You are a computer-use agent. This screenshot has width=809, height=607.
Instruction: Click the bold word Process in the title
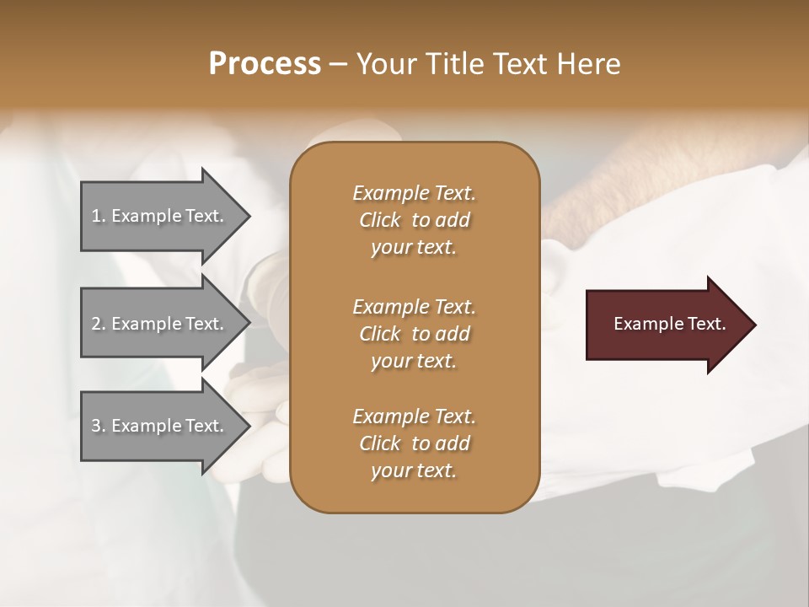click(265, 64)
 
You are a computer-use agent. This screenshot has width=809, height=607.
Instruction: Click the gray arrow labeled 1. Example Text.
click(160, 216)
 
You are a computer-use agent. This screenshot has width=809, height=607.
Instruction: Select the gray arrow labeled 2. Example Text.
click(160, 324)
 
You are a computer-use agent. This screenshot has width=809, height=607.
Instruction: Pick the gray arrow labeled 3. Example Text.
click(160, 426)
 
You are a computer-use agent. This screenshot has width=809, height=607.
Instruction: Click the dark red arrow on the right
click(666, 324)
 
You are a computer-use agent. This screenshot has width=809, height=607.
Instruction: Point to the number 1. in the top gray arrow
click(99, 216)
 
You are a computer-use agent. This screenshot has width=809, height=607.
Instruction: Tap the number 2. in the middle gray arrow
click(99, 324)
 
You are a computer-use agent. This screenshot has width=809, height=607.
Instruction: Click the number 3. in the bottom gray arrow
click(99, 426)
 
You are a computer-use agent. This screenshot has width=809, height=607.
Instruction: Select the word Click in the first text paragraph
click(380, 220)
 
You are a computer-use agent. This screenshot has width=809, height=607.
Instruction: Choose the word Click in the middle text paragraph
click(380, 334)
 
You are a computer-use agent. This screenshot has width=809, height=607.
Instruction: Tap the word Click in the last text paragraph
click(380, 443)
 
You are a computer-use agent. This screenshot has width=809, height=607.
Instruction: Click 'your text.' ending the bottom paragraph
click(414, 471)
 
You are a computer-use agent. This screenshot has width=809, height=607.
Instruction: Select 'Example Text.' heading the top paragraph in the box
click(414, 193)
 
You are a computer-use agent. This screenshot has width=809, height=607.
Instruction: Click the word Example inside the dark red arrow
click(642, 324)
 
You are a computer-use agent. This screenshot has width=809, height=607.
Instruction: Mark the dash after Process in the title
click(338, 64)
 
